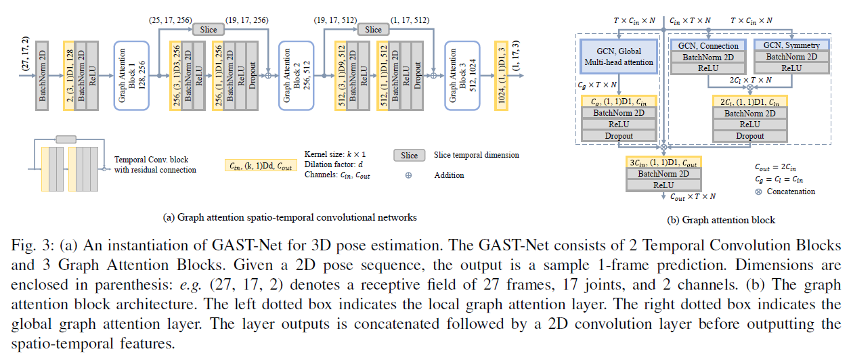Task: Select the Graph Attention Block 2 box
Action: [294, 74]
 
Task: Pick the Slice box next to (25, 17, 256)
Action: [209, 30]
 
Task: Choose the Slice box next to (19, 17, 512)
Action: [374, 30]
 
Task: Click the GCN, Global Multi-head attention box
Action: [619, 56]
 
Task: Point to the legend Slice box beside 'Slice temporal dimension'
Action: [410, 156]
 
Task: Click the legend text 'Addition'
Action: [450, 175]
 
